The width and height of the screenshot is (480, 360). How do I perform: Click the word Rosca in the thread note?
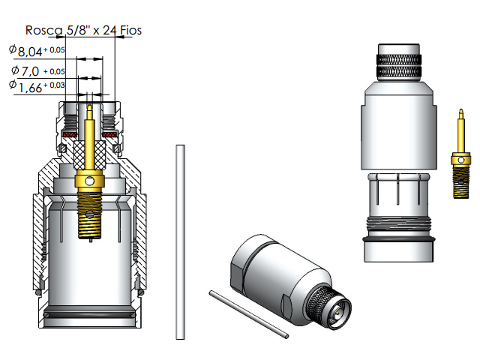[x=43, y=31]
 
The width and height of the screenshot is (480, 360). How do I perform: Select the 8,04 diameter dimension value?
[x=31, y=52]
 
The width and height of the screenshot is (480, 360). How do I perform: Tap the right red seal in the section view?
[x=109, y=136]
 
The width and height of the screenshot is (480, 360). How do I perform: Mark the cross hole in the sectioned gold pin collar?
[x=89, y=181]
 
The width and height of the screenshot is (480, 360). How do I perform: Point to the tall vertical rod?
[x=179, y=240]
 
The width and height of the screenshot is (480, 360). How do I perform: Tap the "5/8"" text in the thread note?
[x=76, y=31]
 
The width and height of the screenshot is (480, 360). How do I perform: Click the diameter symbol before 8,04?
[x=13, y=49]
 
